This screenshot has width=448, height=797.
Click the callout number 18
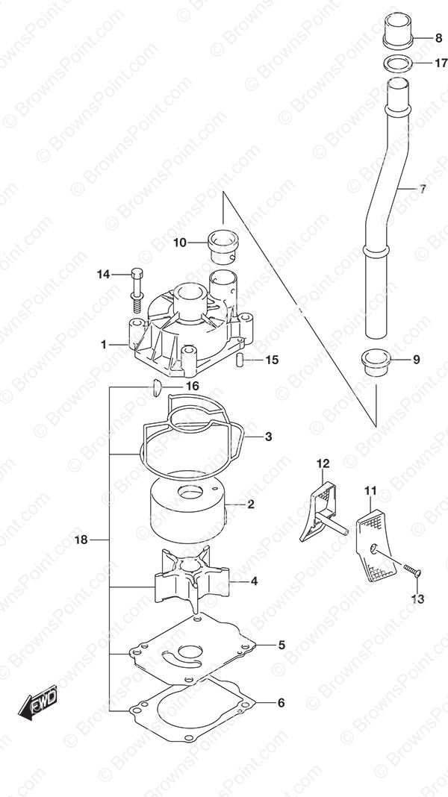pyautogui.click(x=81, y=540)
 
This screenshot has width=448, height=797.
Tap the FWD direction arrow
pyautogui.click(x=37, y=702)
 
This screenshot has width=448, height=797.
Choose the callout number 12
pyautogui.click(x=323, y=463)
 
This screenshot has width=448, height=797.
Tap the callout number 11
pyautogui.click(x=370, y=491)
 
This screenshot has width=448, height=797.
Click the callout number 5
pyautogui.click(x=281, y=645)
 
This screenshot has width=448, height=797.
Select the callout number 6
pyautogui.click(x=281, y=703)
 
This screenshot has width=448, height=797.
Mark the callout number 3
pyautogui.click(x=268, y=437)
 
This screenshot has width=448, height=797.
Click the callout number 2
pyautogui.click(x=251, y=504)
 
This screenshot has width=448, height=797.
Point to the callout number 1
pyautogui.click(x=104, y=345)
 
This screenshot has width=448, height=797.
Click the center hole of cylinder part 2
pyautogui.click(x=190, y=492)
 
